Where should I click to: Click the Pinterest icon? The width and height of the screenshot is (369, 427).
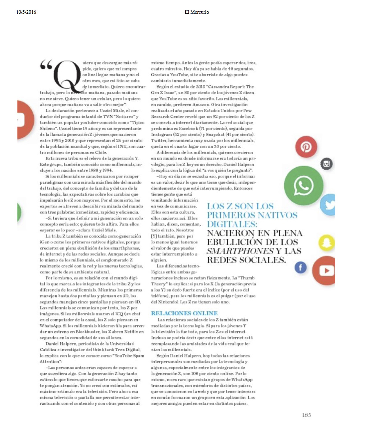[306, 146]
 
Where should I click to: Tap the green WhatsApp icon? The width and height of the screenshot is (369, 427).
[303, 185]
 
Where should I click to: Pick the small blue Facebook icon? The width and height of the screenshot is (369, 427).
[301, 267]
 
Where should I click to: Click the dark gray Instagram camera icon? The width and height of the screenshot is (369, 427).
[326, 164]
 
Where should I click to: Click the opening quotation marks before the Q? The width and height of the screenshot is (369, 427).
[46, 64]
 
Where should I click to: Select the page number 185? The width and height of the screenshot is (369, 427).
[306, 415]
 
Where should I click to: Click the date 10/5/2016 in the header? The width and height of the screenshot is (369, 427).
[26, 12]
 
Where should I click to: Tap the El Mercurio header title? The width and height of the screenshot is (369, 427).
[197, 12]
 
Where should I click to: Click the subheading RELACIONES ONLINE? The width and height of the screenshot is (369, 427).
[184, 313]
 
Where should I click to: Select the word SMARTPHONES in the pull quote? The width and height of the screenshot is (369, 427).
[240, 251]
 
